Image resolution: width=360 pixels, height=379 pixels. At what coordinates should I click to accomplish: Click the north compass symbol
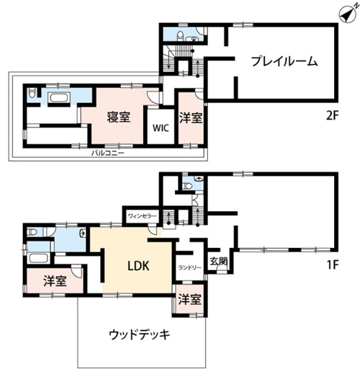pyautogui.click(x=348, y=14)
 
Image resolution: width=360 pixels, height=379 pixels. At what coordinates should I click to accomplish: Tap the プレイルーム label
pyautogui.click(x=284, y=61)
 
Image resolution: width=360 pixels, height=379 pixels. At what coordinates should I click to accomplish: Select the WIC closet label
pyautogui.click(x=161, y=128)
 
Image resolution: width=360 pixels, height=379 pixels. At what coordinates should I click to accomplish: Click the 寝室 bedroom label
pyautogui.click(x=119, y=117)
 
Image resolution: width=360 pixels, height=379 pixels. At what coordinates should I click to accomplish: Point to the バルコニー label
pyautogui.click(x=107, y=153)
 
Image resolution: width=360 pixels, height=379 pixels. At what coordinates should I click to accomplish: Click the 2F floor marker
pyautogui.click(x=332, y=116)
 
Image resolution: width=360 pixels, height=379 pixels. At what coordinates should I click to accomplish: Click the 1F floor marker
pyautogui.click(x=332, y=265)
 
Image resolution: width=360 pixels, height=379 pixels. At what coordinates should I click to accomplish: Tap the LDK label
pyautogui.click(x=138, y=266)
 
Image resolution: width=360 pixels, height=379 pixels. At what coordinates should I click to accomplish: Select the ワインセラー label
pyautogui.click(x=142, y=216)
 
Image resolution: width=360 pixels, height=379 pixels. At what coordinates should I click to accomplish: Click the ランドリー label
pyautogui.click(x=189, y=267)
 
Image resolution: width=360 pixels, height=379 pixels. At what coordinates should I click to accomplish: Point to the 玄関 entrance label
pyautogui.click(x=219, y=262)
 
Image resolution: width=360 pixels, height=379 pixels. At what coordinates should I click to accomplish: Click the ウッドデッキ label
pyautogui.click(x=140, y=335)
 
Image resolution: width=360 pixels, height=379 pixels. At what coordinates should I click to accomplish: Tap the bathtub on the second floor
pyautogui.click(x=60, y=99)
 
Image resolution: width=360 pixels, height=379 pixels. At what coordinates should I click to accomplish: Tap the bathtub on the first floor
pyautogui.click(x=39, y=258)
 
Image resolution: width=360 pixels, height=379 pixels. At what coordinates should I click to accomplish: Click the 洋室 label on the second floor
pyautogui.click(x=191, y=117)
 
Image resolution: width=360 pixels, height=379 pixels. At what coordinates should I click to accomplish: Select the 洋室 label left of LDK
pyautogui.click(x=55, y=281)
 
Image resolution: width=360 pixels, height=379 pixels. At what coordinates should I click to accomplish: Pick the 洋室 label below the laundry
pyautogui.click(x=189, y=299)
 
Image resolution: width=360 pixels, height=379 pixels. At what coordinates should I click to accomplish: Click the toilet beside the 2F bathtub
pyautogui.click(x=32, y=92)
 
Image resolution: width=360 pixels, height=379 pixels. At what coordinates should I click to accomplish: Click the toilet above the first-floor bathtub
pyautogui.click(x=32, y=233)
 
